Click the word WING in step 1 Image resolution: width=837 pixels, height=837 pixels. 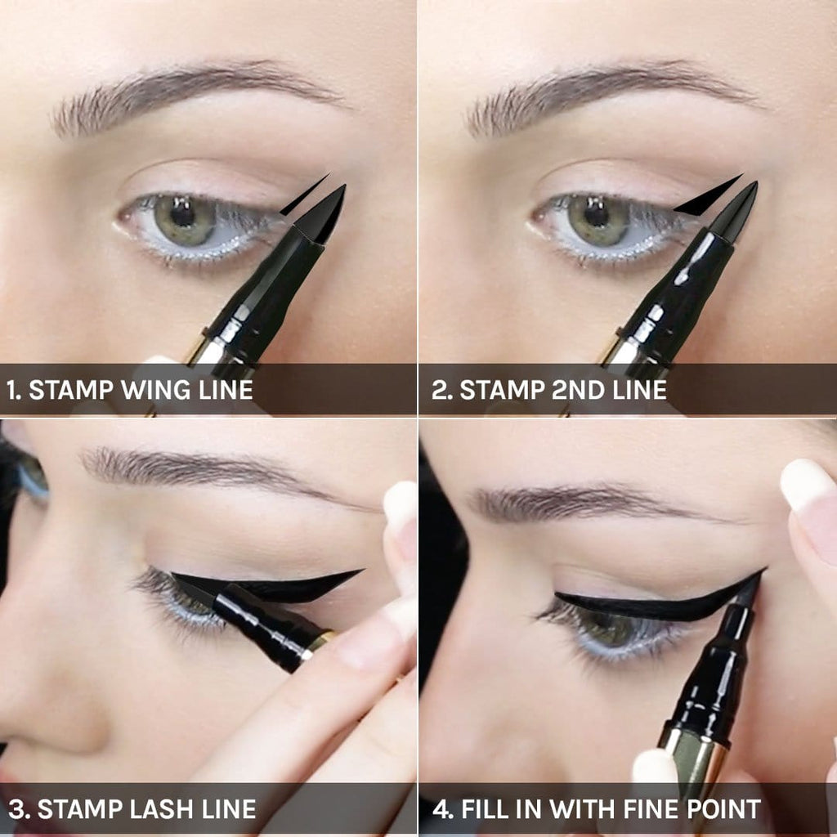coord(156,390)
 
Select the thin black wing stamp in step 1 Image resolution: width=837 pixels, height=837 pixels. coord(304,195)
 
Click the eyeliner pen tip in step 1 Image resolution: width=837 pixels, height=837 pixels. coord(324,213)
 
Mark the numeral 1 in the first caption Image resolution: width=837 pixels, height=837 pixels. coord(12,390)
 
